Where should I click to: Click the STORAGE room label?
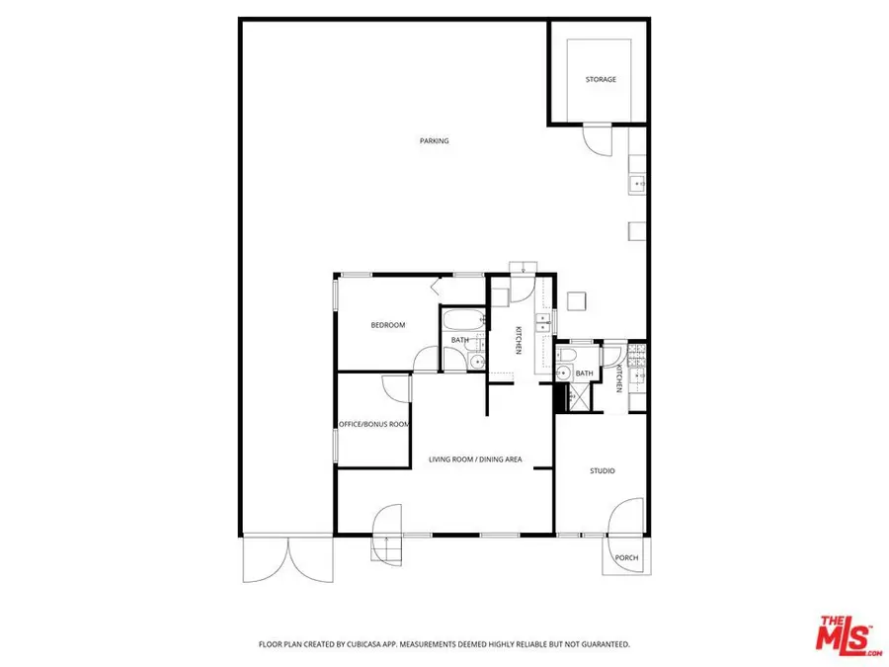600,79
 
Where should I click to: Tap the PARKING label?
434,141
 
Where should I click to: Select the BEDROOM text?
387,325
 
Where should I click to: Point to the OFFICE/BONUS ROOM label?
374,424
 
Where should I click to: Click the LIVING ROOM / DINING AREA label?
474,459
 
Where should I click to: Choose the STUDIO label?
603,470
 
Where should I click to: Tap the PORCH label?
626,558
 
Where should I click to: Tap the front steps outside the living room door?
386,549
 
